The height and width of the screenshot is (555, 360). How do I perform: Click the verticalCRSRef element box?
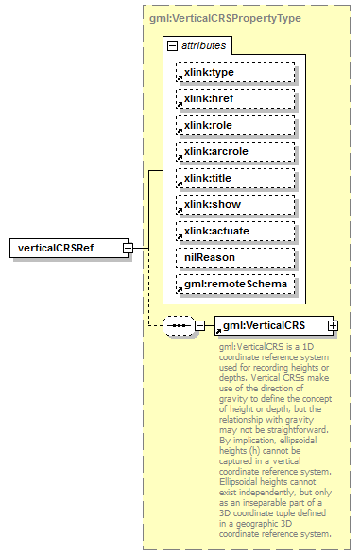pyautogui.click(x=64, y=248)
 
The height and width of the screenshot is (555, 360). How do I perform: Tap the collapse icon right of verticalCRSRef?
pyautogui.click(x=127, y=249)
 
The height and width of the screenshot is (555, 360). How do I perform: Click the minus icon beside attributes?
pyautogui.click(x=171, y=45)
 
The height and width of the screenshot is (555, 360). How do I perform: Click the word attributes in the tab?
pyautogui.click(x=202, y=45)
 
